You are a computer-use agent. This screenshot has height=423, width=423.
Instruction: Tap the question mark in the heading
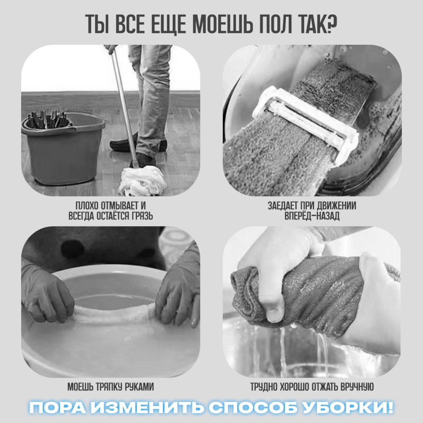[332, 24]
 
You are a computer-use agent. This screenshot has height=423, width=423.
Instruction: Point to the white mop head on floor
[143, 180]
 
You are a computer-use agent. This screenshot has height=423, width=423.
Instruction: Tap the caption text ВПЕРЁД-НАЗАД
[312, 216]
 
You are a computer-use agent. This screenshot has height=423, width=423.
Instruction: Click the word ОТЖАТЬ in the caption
[325, 387]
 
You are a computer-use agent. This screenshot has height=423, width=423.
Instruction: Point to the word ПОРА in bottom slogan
[57, 407]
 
